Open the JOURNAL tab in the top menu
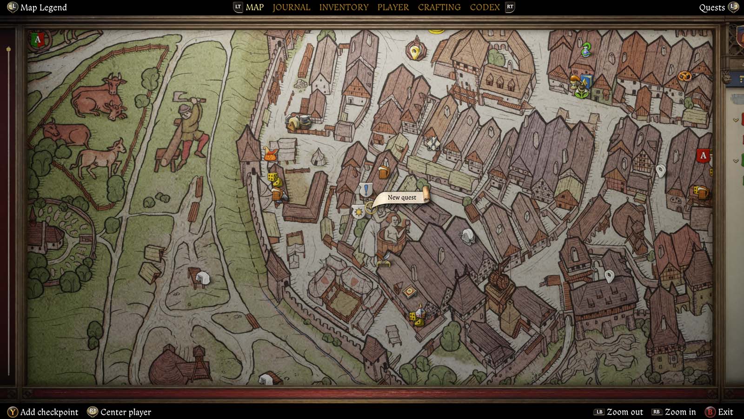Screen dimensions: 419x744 click(x=291, y=7)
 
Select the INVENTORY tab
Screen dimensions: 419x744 click(x=343, y=7)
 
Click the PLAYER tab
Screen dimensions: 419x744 click(x=393, y=7)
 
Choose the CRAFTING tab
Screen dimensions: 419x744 click(x=439, y=7)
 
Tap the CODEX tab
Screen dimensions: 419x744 click(x=485, y=7)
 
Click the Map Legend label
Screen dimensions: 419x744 click(x=43, y=7)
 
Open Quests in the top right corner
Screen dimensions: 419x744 click(x=712, y=7)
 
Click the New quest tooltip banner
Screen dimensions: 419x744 click(x=402, y=197)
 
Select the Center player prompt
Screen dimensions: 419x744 click(x=126, y=412)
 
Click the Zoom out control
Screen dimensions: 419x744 click(x=624, y=412)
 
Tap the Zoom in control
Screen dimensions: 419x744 click(x=680, y=412)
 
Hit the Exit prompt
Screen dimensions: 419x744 click(x=725, y=412)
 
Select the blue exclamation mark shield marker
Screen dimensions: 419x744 click(x=366, y=190)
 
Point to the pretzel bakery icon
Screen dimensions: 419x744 click(x=684, y=76)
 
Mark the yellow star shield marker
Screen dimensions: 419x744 click(x=358, y=212)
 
